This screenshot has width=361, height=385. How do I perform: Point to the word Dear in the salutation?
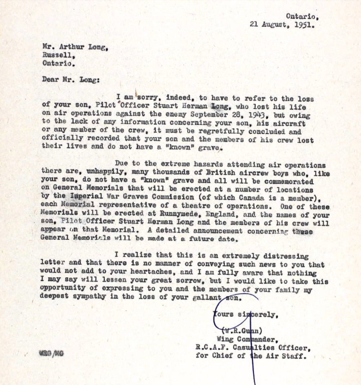click(50, 80)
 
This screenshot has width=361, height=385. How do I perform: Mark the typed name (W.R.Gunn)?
click(243, 331)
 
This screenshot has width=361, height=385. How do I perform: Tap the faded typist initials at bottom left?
click(51, 353)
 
